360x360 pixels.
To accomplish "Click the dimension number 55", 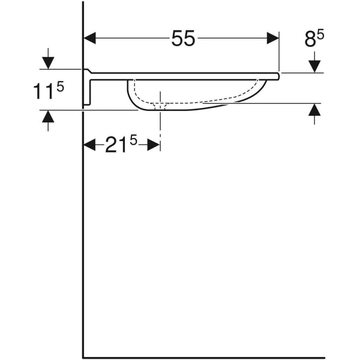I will (183, 39).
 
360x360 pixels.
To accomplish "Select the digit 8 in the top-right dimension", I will (310, 40).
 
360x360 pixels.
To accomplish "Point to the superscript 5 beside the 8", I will (321, 35).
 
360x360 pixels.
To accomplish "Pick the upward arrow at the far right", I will (314, 113).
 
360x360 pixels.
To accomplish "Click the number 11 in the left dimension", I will (44, 92).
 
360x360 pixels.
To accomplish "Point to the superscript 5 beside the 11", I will (60, 86).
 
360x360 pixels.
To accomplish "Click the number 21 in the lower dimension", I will (117, 146).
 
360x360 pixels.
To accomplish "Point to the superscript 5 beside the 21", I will (133, 140).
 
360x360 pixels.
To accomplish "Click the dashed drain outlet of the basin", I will (160, 106).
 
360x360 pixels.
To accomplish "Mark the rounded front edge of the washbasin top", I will (278, 75).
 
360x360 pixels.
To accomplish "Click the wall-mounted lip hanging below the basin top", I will (88, 90).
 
